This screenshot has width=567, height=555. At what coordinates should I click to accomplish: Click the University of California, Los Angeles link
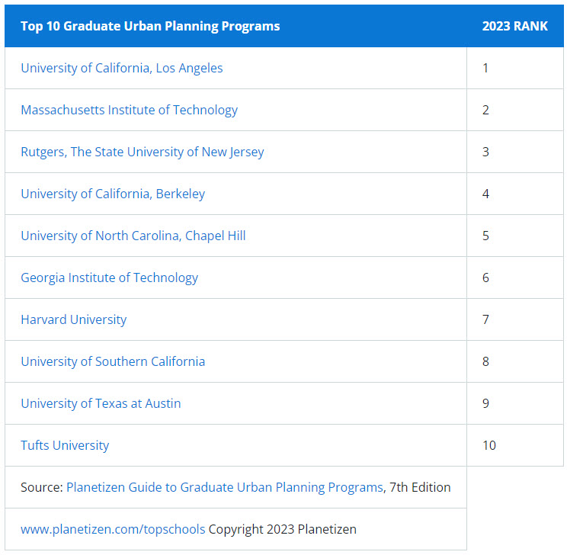tap(122, 68)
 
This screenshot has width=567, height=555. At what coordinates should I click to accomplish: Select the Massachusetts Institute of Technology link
tap(129, 110)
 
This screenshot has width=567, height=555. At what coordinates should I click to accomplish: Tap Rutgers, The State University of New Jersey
tap(142, 152)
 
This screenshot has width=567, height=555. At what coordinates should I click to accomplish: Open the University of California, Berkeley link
tap(113, 194)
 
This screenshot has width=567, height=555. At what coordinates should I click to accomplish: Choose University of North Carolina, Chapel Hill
tap(133, 236)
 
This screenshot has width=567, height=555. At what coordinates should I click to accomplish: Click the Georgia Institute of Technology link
tap(109, 277)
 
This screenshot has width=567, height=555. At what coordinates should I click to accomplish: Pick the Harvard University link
tap(73, 319)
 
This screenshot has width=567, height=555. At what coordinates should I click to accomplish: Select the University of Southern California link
tap(113, 361)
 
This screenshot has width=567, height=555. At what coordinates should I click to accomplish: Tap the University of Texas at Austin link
tap(101, 403)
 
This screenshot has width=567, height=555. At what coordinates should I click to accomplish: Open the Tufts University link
tap(65, 445)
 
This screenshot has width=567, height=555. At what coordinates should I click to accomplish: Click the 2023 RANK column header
tap(514, 26)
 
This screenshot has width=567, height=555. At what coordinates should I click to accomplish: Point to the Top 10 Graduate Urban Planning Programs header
tap(150, 26)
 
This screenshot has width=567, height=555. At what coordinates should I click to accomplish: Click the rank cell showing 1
tap(485, 68)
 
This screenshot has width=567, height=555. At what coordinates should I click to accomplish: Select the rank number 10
tap(489, 445)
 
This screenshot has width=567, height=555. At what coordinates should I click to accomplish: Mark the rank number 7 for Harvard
tap(485, 319)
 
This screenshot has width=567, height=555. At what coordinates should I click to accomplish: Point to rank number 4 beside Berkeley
tap(485, 194)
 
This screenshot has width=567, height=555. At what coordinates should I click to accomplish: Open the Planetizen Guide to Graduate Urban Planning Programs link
tap(225, 487)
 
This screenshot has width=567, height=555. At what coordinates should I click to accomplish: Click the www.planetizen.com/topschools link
tap(113, 529)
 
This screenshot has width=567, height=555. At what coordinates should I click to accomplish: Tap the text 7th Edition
tap(420, 487)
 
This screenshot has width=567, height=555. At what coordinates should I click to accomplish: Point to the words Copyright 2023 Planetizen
tap(283, 529)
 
